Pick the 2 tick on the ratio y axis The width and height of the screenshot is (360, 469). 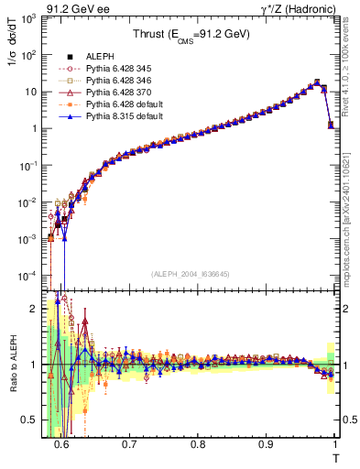37,308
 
